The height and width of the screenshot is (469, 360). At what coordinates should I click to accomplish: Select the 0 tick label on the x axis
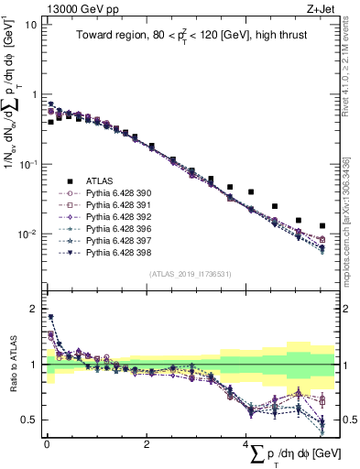pos(46,443)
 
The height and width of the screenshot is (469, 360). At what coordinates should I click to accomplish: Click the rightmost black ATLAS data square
pos(322,225)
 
